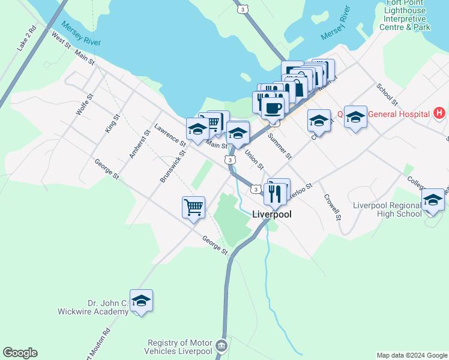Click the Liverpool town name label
[271, 214]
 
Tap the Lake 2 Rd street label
[28, 38]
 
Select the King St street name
[109, 125]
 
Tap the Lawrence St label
[170, 134]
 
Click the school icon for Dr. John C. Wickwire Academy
[141, 300]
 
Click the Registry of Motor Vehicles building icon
[221, 346]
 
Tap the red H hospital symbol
[439, 113]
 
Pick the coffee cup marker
[273, 108]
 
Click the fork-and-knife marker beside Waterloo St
[274, 193]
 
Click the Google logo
[20, 353]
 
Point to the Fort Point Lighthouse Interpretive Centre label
[406, 19]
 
